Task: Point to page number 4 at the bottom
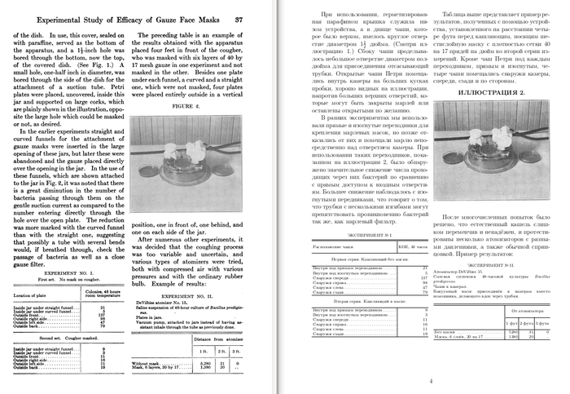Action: pyautogui.click(x=430, y=380)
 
